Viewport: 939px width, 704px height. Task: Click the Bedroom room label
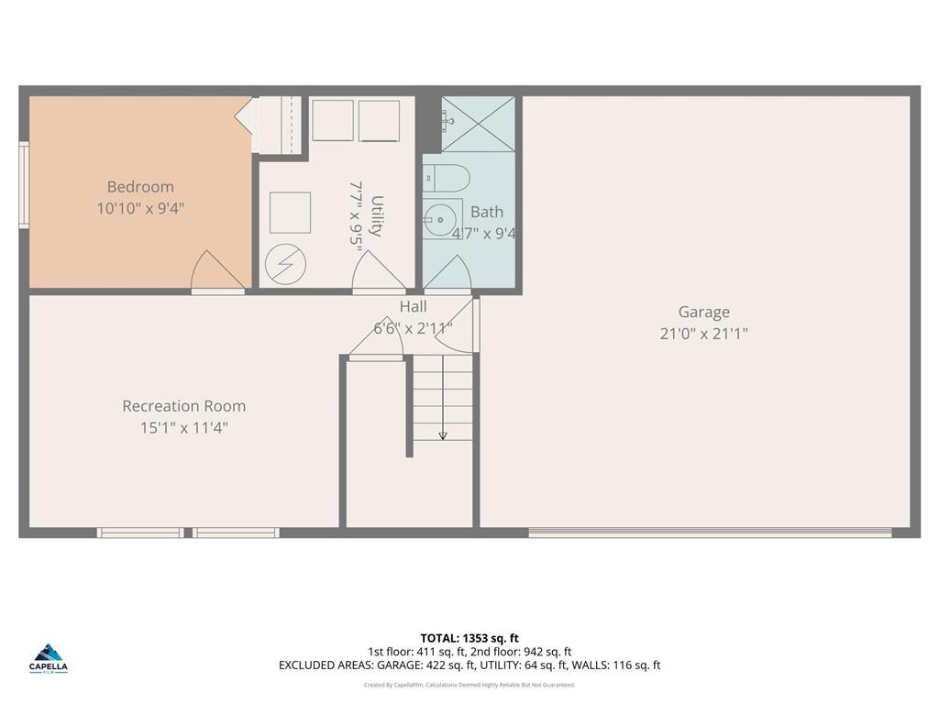point(140,187)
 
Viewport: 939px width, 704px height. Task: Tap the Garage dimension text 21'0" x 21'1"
point(703,334)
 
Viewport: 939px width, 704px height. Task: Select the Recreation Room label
point(183,406)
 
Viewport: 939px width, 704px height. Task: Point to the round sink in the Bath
point(436,219)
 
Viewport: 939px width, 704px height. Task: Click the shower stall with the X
point(477,124)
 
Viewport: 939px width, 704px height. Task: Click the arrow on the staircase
point(443,434)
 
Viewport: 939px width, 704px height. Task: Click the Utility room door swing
point(377,270)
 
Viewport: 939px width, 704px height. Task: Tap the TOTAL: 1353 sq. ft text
point(469,638)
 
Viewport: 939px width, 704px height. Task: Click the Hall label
point(413,307)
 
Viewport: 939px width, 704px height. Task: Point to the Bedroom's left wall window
point(24,183)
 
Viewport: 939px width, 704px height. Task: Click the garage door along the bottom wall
point(710,532)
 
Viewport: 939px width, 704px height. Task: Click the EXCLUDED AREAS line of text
point(469,665)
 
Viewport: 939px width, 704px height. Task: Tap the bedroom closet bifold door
point(244,119)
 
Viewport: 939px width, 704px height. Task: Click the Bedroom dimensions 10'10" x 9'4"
point(140,208)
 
